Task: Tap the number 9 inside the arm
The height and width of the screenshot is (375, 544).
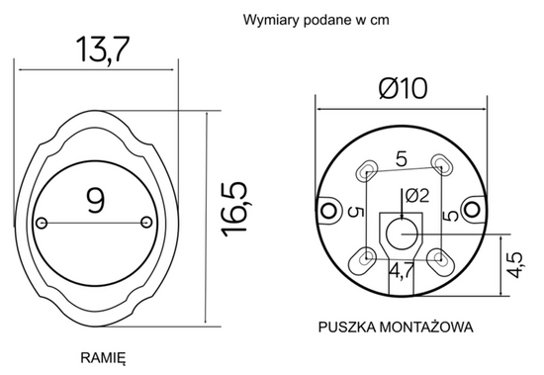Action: click(x=95, y=202)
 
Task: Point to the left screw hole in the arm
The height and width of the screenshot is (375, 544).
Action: click(x=42, y=221)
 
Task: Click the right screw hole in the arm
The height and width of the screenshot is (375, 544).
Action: click(x=148, y=220)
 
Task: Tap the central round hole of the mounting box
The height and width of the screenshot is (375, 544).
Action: click(x=403, y=234)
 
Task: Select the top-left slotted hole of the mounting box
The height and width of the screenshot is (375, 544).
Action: click(x=368, y=169)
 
